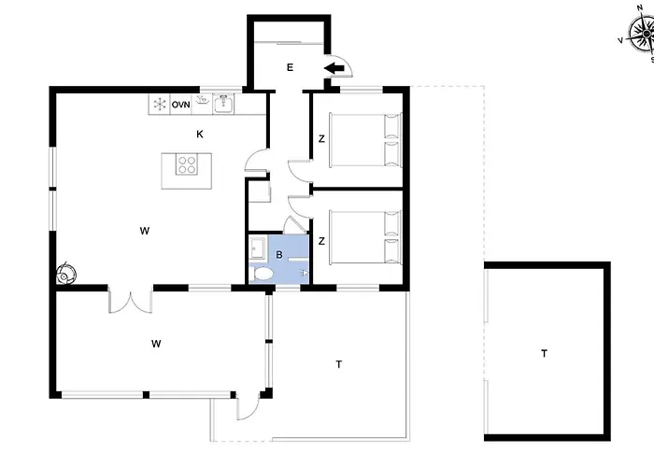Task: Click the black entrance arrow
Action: click(x=334, y=68)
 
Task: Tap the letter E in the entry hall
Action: click(x=290, y=67)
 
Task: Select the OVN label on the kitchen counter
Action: click(x=180, y=105)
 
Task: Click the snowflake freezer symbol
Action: click(x=160, y=105)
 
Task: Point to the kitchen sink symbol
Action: click(x=223, y=104)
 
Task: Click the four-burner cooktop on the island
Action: click(x=187, y=164)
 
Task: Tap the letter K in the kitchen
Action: click(x=200, y=134)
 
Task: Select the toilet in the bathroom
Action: click(x=262, y=274)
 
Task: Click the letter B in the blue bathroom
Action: click(x=279, y=255)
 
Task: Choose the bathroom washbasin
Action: click(x=258, y=248)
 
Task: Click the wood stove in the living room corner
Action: click(x=66, y=274)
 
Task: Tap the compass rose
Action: click(x=643, y=35)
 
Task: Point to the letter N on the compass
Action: click(x=640, y=7)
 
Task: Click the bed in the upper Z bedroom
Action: click(x=366, y=140)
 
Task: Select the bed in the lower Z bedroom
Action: click(x=366, y=237)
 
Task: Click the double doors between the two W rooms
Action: click(x=131, y=301)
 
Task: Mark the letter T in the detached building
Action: click(x=544, y=354)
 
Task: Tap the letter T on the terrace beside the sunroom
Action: click(x=338, y=364)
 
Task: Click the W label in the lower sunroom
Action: click(x=156, y=344)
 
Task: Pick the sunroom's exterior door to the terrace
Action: click(x=249, y=406)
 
